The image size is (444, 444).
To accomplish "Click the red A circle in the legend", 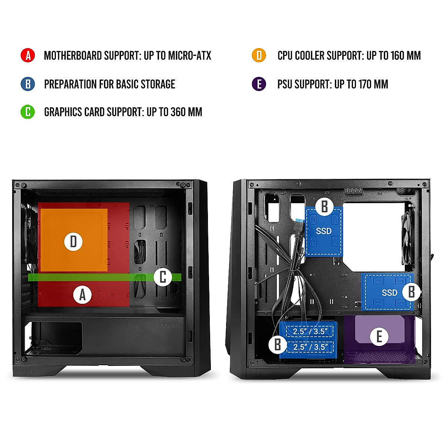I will (28, 55).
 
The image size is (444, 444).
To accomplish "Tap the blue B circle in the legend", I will (28, 84).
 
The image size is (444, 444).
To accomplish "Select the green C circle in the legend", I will (28, 112).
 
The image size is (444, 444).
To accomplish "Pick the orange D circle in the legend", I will (259, 55).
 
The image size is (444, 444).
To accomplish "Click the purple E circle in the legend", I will (259, 84).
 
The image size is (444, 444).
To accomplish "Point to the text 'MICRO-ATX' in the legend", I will (189, 56).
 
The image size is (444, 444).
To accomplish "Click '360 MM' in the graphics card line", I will (186, 112).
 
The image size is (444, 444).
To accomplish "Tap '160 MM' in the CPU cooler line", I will (406, 56).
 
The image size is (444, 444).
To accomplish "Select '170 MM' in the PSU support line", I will (373, 84).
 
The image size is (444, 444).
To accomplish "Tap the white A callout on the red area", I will (83, 295).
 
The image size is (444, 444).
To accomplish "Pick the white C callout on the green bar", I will (163, 277).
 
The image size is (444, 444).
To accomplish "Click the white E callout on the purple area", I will (379, 337).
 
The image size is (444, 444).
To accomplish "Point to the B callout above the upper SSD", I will (324, 206).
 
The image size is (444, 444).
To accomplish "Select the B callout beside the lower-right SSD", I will (411, 292).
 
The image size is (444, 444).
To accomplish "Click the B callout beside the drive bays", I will (277, 344).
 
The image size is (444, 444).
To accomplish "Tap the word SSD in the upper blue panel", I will (324, 231).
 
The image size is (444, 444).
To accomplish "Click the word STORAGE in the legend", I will (158, 84).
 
